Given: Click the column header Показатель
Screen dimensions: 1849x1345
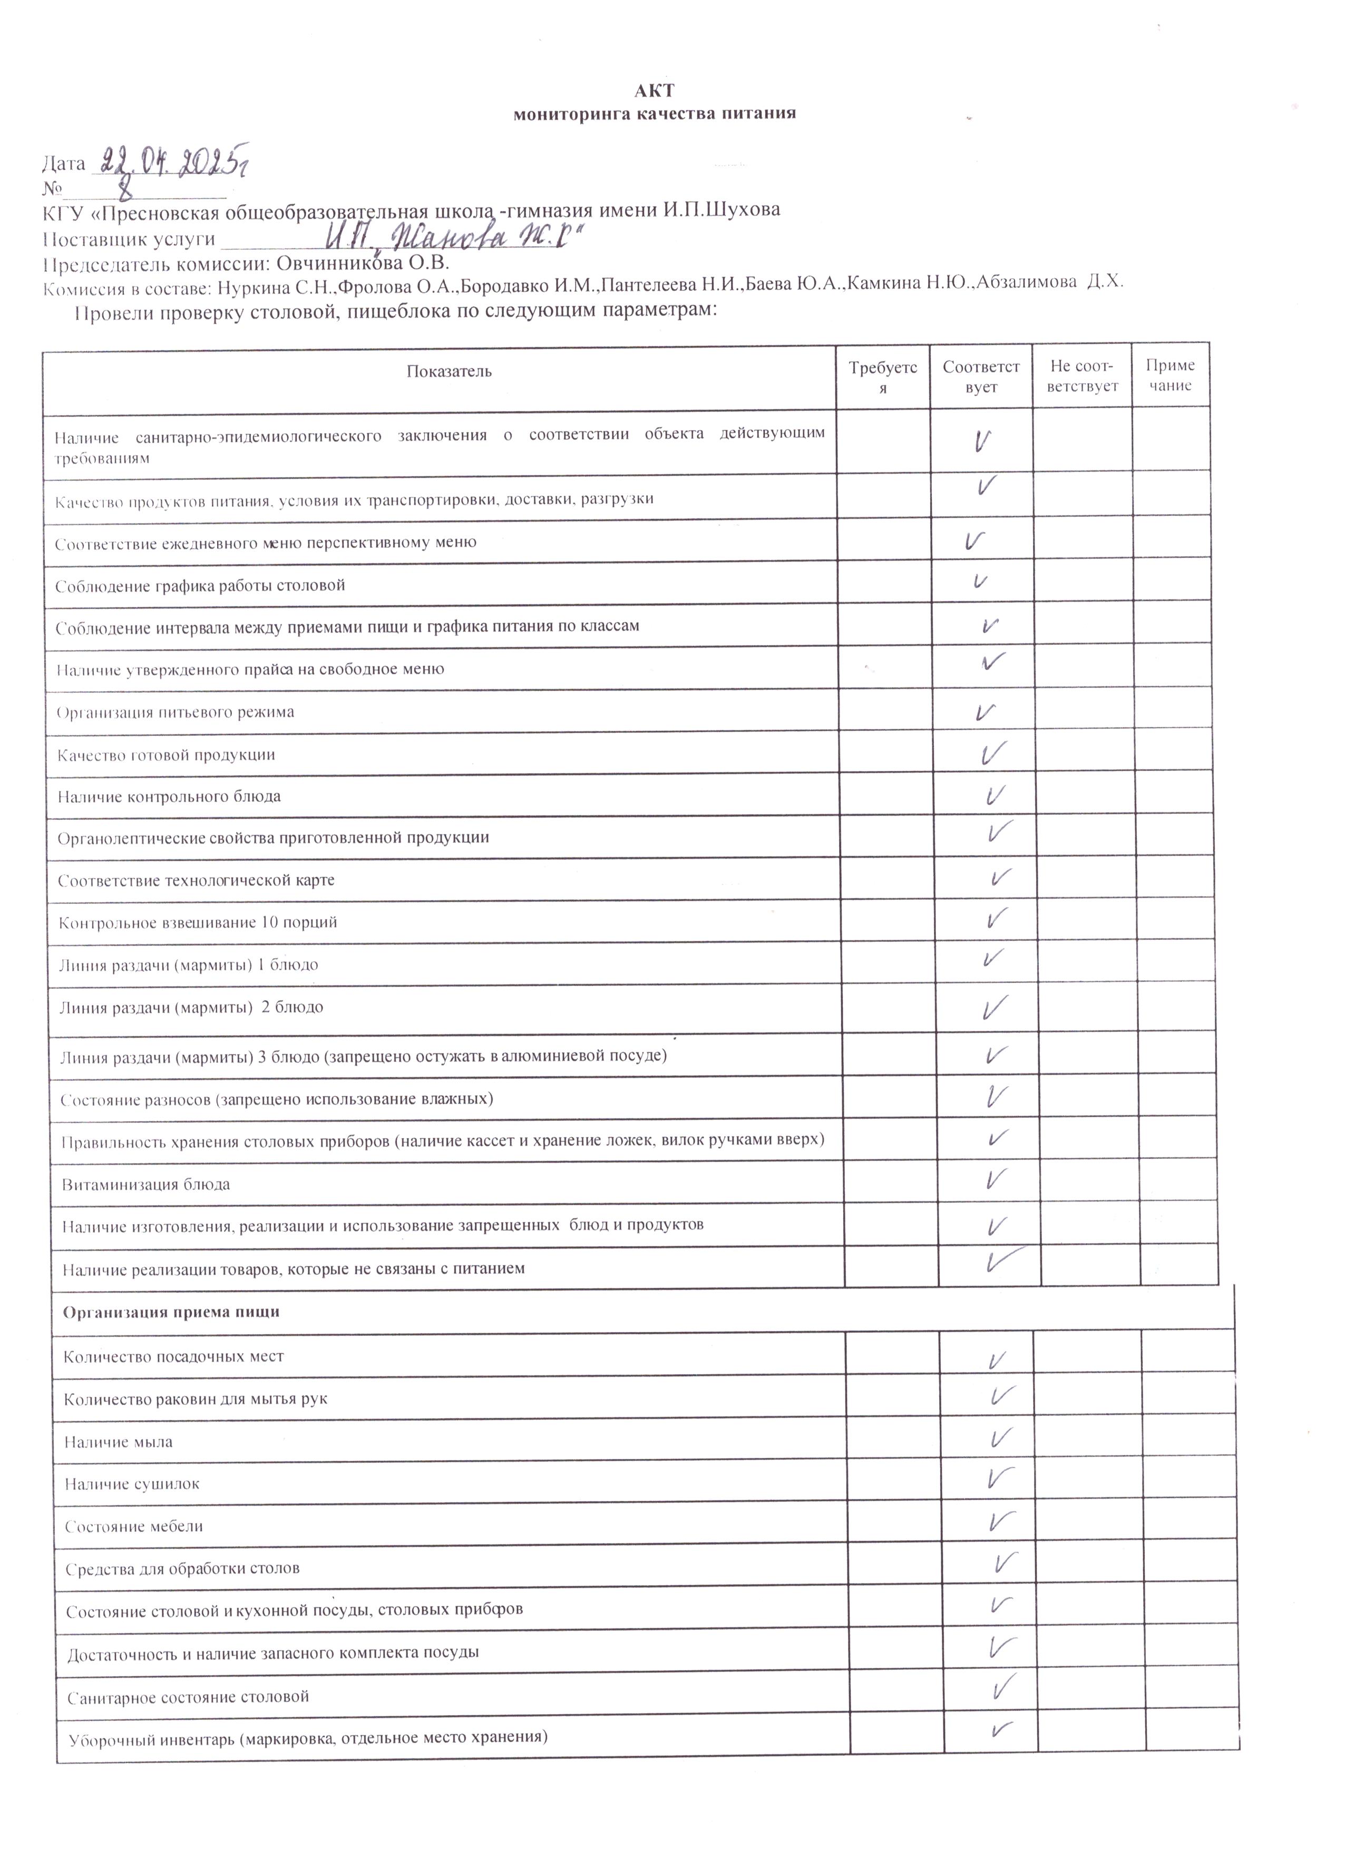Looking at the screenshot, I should pos(450,372).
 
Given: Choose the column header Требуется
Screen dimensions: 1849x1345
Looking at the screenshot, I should pos(883,378).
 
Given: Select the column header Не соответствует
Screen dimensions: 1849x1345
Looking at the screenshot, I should pos(1083,377).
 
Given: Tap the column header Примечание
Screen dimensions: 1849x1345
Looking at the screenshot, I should pos(1171,376).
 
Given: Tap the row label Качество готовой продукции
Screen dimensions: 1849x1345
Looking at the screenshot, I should pos(167,755).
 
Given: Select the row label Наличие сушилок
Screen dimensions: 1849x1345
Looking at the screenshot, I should pos(132,1484).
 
